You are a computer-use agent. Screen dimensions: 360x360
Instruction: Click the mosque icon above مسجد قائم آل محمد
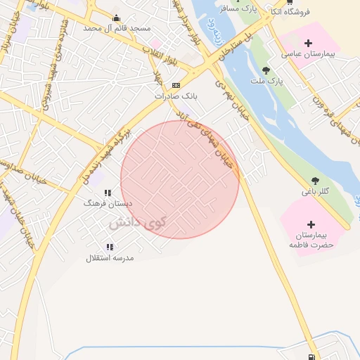pos(116,18)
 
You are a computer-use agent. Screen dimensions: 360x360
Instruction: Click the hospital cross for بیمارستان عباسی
pos(309,43)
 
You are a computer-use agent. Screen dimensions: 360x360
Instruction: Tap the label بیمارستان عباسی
pos(309,53)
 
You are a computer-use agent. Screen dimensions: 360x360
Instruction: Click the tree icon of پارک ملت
pos(266,70)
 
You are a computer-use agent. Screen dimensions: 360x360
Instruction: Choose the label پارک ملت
pos(266,81)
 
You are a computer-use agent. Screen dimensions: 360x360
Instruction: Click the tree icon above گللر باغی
pos(315,180)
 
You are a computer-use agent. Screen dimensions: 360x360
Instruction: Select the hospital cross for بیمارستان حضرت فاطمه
pos(310,224)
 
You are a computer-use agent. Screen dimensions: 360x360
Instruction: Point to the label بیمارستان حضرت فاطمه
pos(310,240)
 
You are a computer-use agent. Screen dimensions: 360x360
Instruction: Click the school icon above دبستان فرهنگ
pos(108,193)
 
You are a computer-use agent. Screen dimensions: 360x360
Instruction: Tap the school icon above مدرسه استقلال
pos(110,247)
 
